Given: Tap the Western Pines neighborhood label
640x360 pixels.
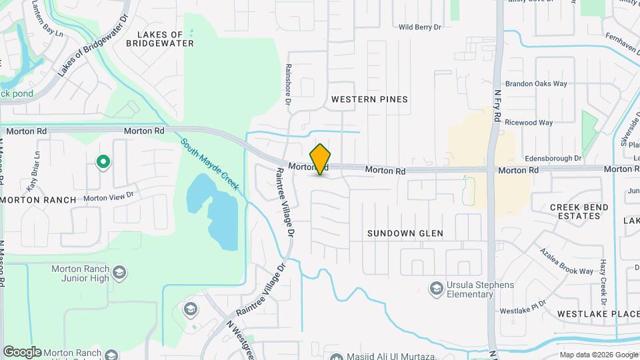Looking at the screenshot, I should [x=369, y=99].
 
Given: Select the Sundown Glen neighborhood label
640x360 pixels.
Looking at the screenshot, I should [x=405, y=233].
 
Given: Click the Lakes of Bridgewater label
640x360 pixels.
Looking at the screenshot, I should [x=165, y=39].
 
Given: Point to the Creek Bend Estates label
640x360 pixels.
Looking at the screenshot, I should [x=579, y=211].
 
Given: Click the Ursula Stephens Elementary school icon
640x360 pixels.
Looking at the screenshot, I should [x=437, y=288].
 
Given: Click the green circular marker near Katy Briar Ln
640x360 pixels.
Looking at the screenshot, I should [x=103, y=162].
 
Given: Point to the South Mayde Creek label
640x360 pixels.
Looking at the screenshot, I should [x=209, y=164].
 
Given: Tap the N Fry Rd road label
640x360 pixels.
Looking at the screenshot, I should [x=497, y=107].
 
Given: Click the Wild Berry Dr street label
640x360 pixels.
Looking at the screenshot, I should [x=420, y=27].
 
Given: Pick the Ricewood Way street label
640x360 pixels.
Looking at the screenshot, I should [x=529, y=123].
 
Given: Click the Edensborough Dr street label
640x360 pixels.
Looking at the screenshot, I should [x=553, y=159].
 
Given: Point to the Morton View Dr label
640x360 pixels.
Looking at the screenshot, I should [x=109, y=197].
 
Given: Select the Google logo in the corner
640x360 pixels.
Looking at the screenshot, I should [x=22, y=352].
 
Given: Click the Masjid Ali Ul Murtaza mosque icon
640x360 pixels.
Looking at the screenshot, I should [x=335, y=357].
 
